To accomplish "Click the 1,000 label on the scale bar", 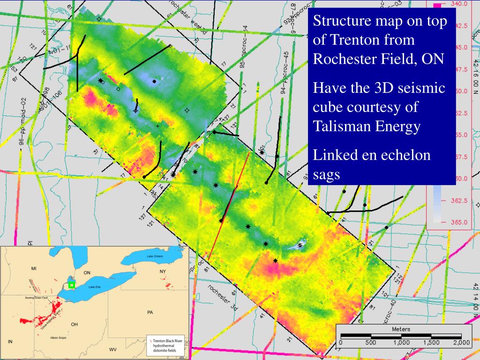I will pos(401,343).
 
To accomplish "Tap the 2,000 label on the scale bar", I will pos(461,343).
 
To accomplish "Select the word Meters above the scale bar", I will pos(401,329).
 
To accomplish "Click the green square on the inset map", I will pos(72,285).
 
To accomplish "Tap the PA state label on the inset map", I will pos(150,311).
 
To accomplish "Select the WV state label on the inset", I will pos(113,350).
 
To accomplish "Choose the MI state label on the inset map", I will pos(33,269).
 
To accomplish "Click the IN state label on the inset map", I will pos(10,341).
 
